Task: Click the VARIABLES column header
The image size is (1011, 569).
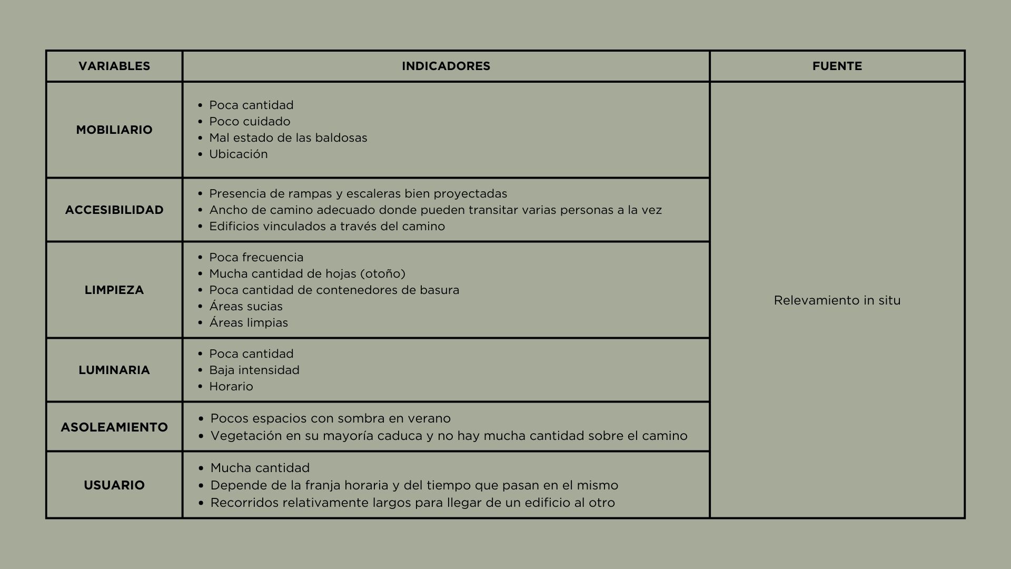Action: coord(114,66)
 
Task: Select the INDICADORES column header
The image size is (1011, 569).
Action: coord(445,66)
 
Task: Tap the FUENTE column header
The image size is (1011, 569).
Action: coord(837,66)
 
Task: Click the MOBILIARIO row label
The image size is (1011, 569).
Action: coord(114,130)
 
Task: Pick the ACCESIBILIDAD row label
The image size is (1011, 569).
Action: coord(114,210)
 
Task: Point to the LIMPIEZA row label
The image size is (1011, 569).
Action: coord(114,290)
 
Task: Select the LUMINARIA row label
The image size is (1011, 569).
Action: coord(114,370)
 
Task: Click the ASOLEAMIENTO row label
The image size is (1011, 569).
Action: coord(114,427)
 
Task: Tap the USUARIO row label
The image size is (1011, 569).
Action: coord(114,485)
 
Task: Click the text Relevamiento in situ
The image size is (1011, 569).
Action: coord(837,300)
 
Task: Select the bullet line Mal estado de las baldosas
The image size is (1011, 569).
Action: coord(288,138)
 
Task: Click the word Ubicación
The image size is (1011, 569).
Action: coord(239,154)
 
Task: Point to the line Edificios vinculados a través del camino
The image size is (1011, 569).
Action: coord(327,227)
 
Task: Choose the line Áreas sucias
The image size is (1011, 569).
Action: coord(246,307)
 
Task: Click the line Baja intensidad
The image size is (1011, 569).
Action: coord(254,370)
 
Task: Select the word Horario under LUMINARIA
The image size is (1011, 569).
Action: coord(231,387)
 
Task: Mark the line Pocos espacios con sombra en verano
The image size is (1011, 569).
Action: coord(330,419)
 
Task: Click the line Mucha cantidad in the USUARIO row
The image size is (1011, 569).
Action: coord(260,468)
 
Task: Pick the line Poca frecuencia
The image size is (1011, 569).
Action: coord(256,258)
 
